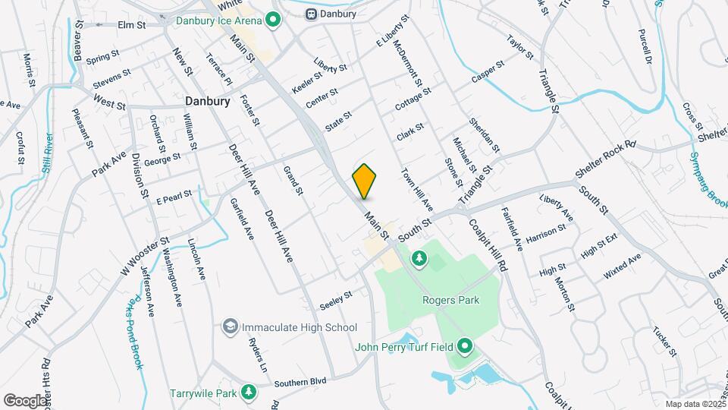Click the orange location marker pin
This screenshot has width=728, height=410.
[365, 181]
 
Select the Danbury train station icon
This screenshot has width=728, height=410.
[311, 14]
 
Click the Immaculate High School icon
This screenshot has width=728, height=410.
[229, 327]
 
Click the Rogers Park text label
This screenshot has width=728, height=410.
[450, 300]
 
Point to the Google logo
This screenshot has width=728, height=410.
[25, 400]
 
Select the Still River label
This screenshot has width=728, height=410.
[48, 153]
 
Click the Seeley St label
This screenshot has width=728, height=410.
[336, 295]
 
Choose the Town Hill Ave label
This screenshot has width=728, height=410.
[416, 189]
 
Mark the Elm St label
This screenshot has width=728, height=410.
[131, 25]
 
